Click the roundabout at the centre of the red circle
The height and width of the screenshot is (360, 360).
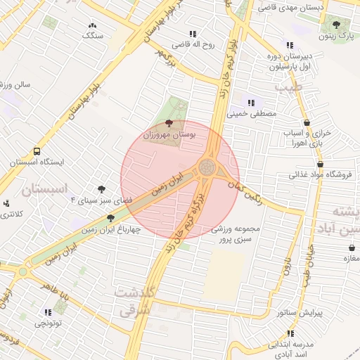pyautogui.click(x=207, y=167)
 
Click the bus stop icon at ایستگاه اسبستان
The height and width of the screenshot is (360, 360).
pyautogui.click(x=37, y=151)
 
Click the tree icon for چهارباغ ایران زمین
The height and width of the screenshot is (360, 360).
pyautogui.click(x=110, y=217)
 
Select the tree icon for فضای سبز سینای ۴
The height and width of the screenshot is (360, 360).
pyautogui.click(x=102, y=189)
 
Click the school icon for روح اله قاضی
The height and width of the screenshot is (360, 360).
pyautogui.click(x=192, y=34)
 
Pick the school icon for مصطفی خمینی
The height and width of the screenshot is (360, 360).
pyautogui.click(x=251, y=103)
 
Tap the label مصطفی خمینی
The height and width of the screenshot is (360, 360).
pyautogui.click(x=252, y=113)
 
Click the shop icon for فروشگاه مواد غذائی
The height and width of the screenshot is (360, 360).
pyautogui.click(x=301, y=162)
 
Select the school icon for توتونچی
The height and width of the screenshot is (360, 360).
pyautogui.click(x=48, y=312)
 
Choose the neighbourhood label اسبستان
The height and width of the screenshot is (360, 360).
pyautogui.click(x=44, y=188)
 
